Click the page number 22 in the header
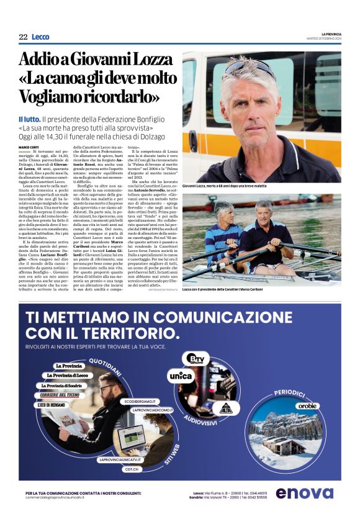(x=23, y=37)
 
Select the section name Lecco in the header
(x=40, y=37)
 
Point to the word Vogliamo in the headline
(x=52, y=97)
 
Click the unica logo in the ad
(x=181, y=375)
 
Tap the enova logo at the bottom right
(x=304, y=493)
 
